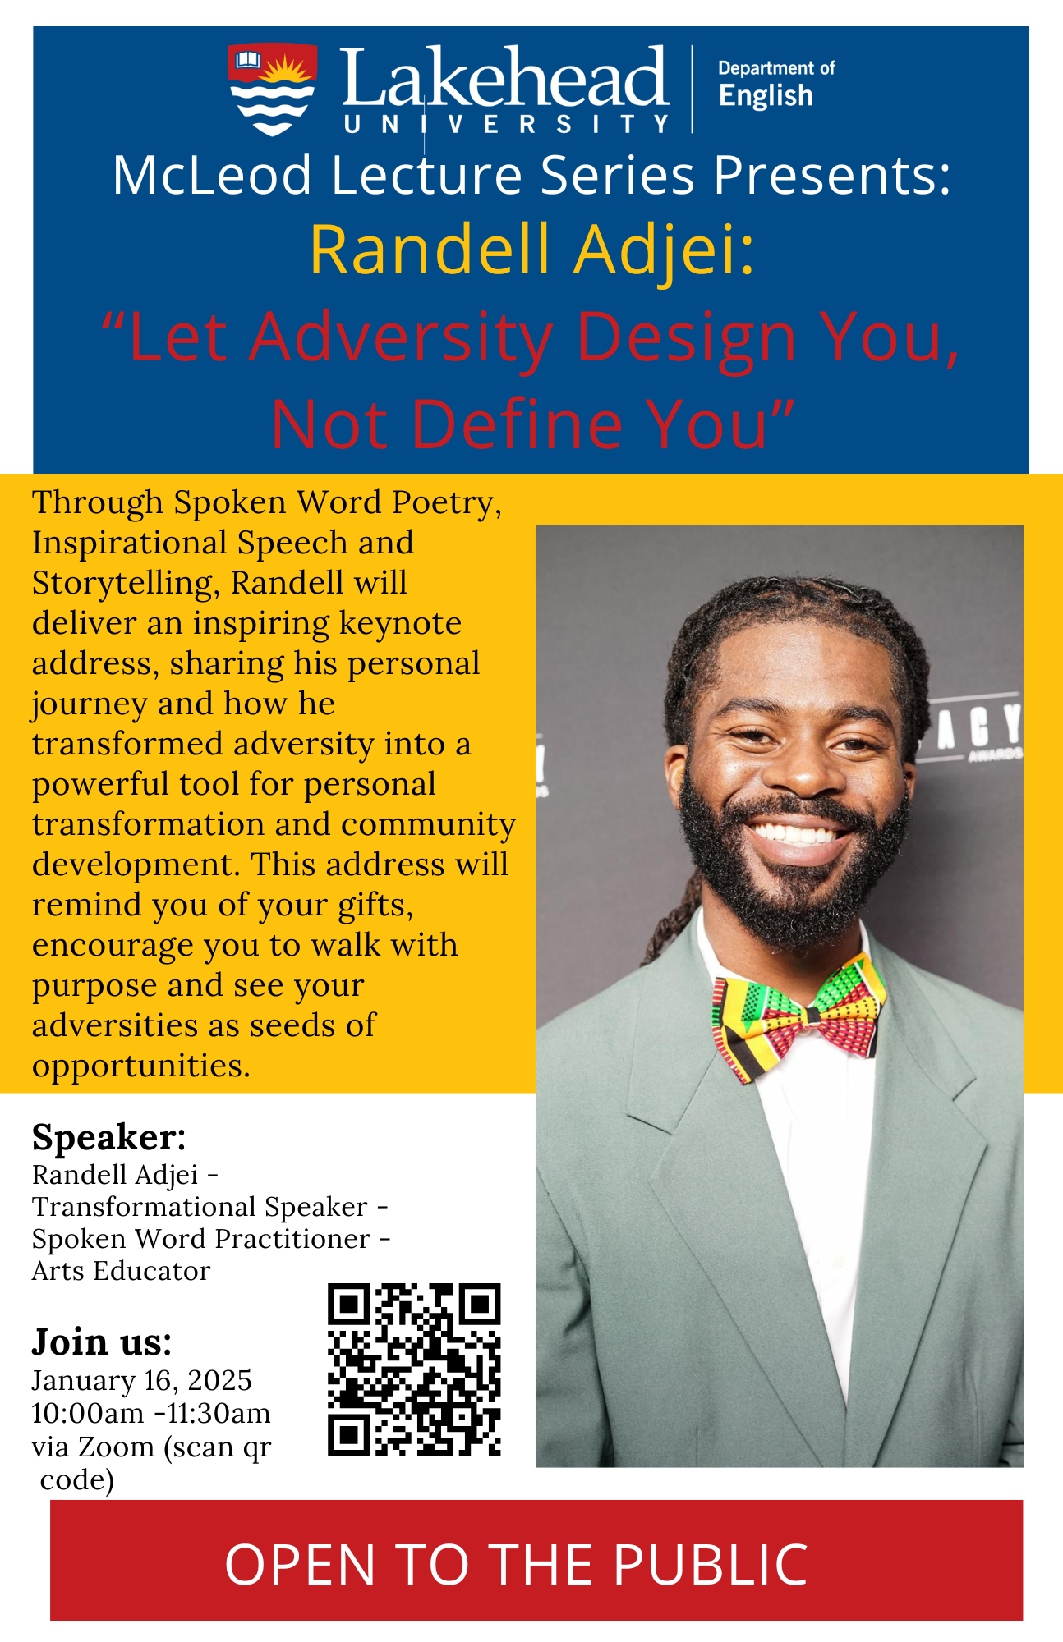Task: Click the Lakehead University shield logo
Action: point(273,89)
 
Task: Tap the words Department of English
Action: point(776,84)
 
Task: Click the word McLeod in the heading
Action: point(213,175)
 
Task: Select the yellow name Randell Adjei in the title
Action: point(531,250)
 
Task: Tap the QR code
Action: point(414,1369)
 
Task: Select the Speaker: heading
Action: point(109,1138)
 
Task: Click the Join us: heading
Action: point(102,1342)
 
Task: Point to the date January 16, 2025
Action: point(142,1381)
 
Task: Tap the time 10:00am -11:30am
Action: point(151,1413)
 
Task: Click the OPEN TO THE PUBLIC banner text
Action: point(517,1564)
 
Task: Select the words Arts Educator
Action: point(122,1271)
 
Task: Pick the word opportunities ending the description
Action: point(141,1066)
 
